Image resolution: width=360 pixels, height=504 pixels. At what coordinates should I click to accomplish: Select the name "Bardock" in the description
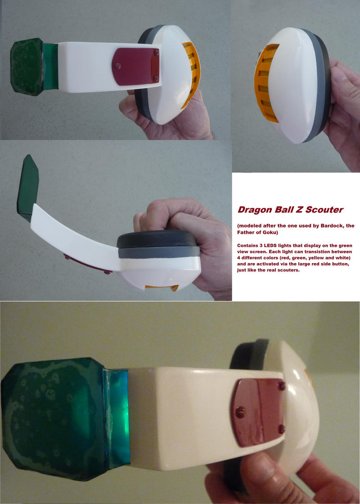click(330, 225)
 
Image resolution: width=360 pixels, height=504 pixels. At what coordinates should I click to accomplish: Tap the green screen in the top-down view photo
click(28, 189)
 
